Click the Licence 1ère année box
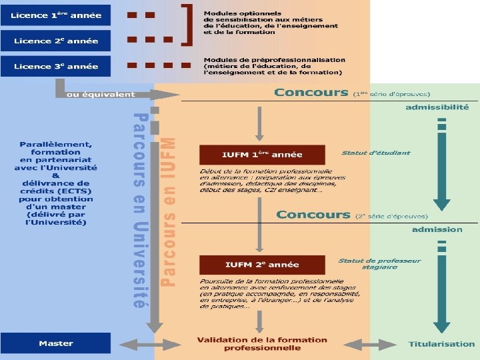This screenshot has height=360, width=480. tap(56, 16)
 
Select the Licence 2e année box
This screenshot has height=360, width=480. tap(56, 41)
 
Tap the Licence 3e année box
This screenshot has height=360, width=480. tap(56, 66)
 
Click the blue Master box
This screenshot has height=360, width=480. tap(56, 343)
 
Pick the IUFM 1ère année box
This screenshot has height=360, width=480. tap(262, 155)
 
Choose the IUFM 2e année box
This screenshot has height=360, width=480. tap(262, 265)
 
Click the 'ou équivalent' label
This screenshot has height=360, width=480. tap(100, 95)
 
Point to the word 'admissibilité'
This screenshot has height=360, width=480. tap(437, 107)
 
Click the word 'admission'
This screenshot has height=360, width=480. tap(437, 229)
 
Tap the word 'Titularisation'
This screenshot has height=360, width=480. tap(442, 344)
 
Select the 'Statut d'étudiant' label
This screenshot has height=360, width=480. tap(376, 153)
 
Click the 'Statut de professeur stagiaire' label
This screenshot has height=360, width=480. tap(379, 264)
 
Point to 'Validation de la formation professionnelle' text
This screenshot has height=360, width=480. tap(262, 344)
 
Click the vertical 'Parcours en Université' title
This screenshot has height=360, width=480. tap(139, 210)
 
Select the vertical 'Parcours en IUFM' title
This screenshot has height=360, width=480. tap(170, 212)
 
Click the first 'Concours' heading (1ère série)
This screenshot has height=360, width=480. tap(311, 93)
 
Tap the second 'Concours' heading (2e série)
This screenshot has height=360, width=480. tap(313, 215)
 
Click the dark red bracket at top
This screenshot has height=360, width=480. tap(191, 24)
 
